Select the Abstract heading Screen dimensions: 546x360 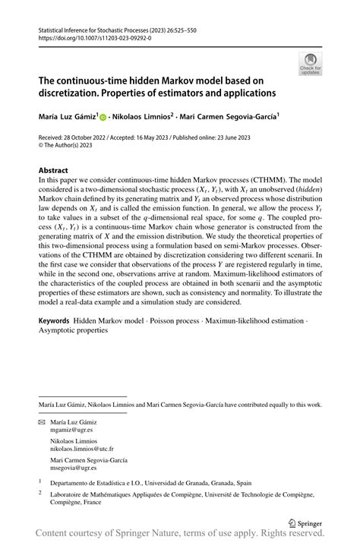pyautogui.click(x=53, y=171)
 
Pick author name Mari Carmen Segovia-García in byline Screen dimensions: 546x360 pyautogui.click(x=228, y=117)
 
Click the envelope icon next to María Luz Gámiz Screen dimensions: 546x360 pyautogui.click(x=42, y=421)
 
